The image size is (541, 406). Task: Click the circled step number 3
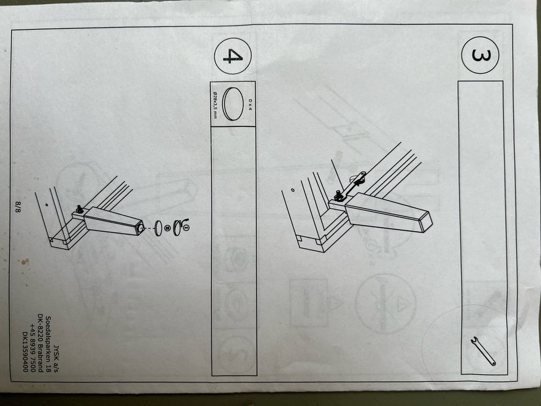[x=480, y=55]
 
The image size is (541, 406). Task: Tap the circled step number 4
[x=233, y=56]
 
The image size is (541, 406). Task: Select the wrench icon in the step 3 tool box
[x=483, y=350]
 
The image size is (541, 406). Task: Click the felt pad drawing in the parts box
[x=233, y=104]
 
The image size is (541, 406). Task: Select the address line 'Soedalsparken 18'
[x=48, y=345]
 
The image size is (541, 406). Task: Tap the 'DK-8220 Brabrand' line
[x=41, y=343]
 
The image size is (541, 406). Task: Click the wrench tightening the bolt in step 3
[x=350, y=187]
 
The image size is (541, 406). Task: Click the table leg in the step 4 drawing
[x=113, y=222]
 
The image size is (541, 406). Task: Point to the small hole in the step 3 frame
[x=292, y=190]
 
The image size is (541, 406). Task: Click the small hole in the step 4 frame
[x=47, y=205]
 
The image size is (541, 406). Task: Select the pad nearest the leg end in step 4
[x=158, y=228]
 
